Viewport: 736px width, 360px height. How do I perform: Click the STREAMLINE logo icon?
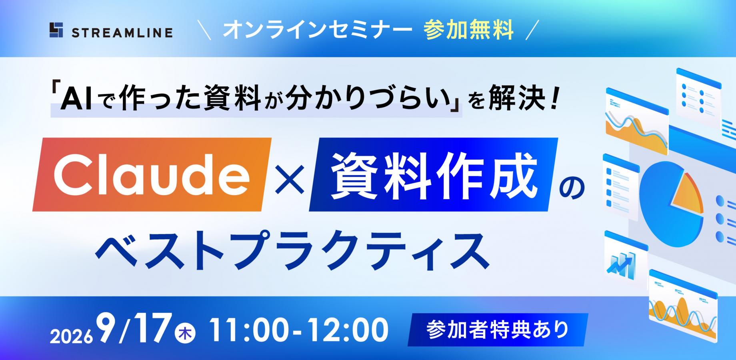point(56,30)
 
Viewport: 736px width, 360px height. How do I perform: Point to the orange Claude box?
point(152,174)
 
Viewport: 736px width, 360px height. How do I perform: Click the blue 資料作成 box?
point(434,174)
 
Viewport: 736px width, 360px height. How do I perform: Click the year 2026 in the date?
point(71,338)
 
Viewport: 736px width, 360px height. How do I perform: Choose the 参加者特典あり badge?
point(498,330)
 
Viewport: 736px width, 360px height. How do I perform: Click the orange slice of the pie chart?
point(687,191)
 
